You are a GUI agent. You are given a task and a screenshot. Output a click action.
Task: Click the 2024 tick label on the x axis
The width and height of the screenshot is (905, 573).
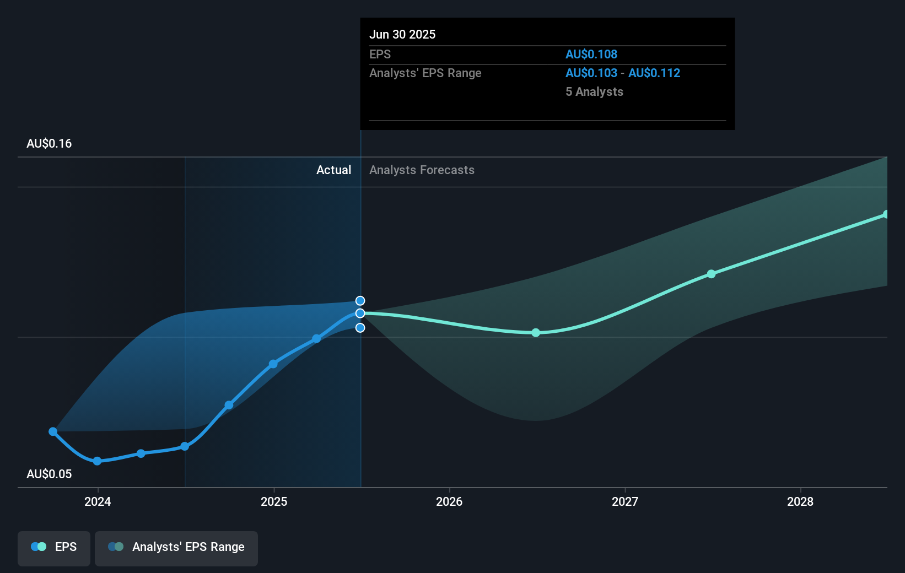click(98, 501)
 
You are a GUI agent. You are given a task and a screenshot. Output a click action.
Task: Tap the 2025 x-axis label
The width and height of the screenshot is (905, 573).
click(274, 501)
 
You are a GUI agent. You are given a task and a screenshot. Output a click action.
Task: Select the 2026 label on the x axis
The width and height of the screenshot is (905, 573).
click(449, 501)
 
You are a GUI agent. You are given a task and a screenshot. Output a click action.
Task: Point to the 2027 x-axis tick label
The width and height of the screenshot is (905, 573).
click(625, 501)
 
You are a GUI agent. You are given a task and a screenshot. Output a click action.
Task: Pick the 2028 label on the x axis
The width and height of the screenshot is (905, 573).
click(800, 501)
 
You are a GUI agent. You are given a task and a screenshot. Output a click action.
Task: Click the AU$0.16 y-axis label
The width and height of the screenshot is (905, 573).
click(49, 144)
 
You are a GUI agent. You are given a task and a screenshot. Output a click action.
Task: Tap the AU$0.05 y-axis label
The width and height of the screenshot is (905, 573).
click(49, 474)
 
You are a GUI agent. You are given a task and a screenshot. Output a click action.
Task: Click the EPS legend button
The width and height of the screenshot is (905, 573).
click(54, 547)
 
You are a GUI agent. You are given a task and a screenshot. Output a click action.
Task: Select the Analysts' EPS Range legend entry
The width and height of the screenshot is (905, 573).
click(176, 547)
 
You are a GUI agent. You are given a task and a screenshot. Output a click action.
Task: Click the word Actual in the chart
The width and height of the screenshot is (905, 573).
click(333, 170)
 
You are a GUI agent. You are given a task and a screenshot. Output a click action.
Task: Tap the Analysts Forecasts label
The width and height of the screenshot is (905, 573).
click(422, 170)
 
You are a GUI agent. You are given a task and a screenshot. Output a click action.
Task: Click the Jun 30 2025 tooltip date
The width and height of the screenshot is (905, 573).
click(402, 35)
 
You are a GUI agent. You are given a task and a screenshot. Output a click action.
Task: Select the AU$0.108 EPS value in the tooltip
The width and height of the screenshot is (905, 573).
click(591, 55)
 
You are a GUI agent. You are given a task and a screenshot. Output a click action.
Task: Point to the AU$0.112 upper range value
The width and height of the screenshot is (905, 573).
click(654, 73)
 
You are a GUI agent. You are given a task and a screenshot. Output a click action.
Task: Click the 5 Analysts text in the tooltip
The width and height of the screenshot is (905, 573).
click(594, 92)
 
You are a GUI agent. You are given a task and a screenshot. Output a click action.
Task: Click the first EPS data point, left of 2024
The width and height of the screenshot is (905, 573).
click(53, 431)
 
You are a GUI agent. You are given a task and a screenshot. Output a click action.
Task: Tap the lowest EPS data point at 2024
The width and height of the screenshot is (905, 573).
click(97, 461)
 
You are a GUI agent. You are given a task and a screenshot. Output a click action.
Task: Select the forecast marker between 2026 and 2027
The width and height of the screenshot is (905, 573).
click(536, 333)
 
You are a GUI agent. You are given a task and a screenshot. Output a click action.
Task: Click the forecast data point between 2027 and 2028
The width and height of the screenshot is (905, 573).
click(711, 274)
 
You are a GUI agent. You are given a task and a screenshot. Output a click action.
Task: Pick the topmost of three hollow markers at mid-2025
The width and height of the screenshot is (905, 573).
click(360, 301)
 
